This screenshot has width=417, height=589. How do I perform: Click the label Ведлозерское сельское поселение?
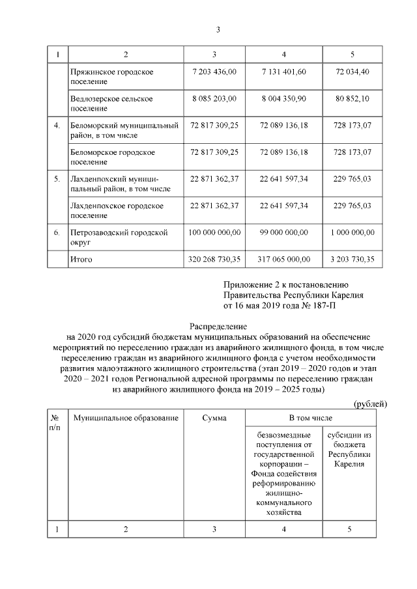click(x=111, y=104)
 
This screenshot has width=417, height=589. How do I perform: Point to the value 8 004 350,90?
click(x=283, y=98)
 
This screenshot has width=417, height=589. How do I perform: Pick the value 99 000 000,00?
click(x=283, y=232)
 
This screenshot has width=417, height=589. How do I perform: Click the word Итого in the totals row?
click(x=81, y=259)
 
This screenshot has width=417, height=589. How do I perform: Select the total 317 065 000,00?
click(x=283, y=259)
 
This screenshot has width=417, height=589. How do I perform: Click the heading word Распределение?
click(x=219, y=325)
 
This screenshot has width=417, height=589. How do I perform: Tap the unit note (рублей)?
click(x=369, y=404)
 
